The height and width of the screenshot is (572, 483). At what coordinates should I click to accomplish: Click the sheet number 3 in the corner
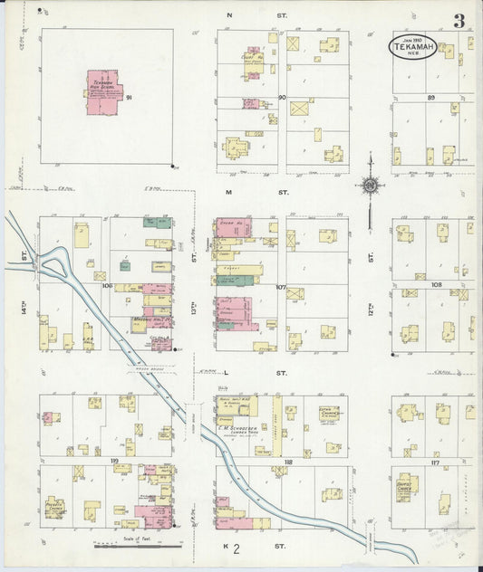(x=460, y=21)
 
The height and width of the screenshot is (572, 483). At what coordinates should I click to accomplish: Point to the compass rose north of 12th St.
(x=370, y=186)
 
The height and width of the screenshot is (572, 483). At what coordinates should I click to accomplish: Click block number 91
(x=130, y=97)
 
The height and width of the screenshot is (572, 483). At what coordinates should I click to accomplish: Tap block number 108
(x=436, y=284)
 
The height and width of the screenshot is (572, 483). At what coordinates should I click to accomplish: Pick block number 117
(x=435, y=462)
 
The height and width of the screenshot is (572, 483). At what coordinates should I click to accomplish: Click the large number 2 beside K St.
(x=236, y=549)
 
